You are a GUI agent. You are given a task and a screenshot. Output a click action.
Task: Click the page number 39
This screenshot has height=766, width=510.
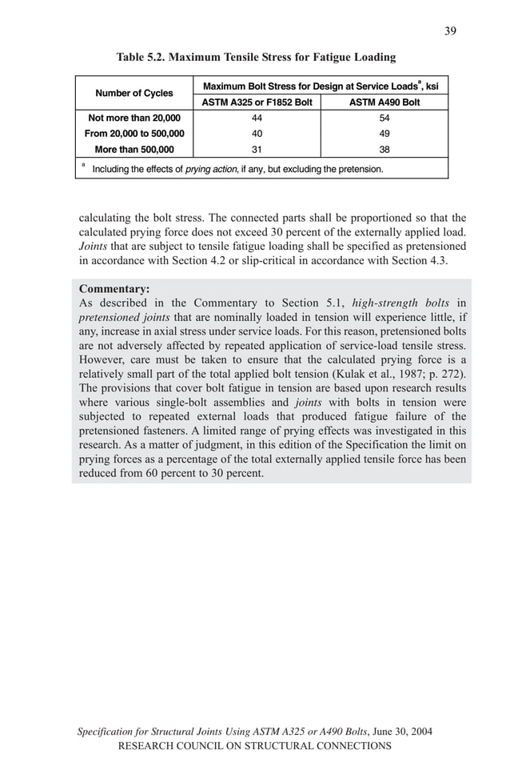pyautogui.click(x=450, y=30)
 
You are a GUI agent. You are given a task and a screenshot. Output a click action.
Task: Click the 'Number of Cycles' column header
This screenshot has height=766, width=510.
pyautogui.click(x=134, y=94)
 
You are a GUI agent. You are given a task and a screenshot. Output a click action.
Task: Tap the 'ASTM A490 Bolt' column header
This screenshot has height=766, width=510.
pyautogui.click(x=384, y=102)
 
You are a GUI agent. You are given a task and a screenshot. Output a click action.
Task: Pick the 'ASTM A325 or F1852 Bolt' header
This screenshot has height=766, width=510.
pyautogui.click(x=257, y=102)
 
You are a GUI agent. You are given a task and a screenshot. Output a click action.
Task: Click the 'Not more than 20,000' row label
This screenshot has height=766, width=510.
pyautogui.click(x=134, y=118)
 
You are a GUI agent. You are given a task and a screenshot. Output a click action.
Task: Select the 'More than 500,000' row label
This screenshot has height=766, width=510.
pyautogui.click(x=134, y=149)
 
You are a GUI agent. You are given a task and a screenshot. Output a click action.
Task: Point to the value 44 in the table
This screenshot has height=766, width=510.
pyautogui.click(x=257, y=118)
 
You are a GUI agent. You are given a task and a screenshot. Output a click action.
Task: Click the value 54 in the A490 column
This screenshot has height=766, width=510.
pyautogui.click(x=384, y=118)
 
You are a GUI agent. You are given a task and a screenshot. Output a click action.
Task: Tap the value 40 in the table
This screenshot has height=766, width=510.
pyautogui.click(x=257, y=134)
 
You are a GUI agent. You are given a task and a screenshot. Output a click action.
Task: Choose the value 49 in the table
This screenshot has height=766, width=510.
pyautogui.click(x=384, y=134)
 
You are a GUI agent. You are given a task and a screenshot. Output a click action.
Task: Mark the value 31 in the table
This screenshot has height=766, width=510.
pyautogui.click(x=257, y=149)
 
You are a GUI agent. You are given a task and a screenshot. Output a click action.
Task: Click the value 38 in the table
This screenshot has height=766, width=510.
pyautogui.click(x=384, y=149)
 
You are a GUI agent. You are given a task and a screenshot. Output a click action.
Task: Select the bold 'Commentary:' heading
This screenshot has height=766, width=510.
pyautogui.click(x=114, y=289)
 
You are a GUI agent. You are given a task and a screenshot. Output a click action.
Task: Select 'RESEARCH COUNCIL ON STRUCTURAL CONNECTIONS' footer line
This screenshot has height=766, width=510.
pyautogui.click(x=254, y=746)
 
